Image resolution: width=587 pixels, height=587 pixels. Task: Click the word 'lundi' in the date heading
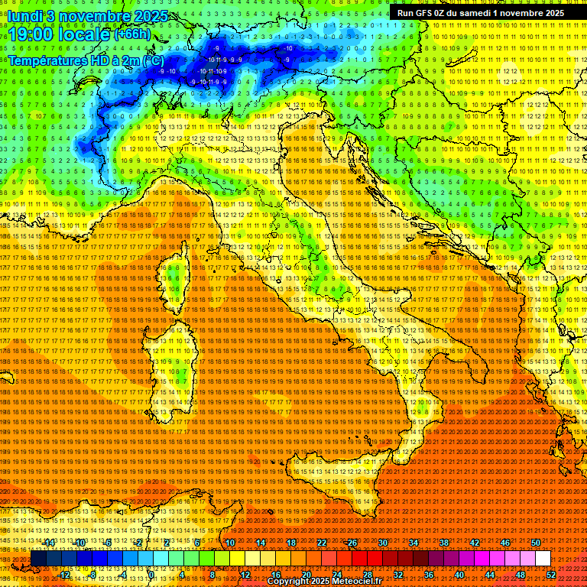[x=26, y=16]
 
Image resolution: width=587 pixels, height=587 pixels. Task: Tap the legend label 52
[x=551, y=575]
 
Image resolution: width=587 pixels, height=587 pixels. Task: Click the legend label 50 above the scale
[x=536, y=543]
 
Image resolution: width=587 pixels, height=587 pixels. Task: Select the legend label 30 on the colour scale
[x=382, y=543]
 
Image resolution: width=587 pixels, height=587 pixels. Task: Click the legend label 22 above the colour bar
[x=322, y=543]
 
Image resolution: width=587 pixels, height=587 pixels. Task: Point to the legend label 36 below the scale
[x=428, y=575]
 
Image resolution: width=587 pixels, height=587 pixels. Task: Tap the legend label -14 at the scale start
[x=50, y=543]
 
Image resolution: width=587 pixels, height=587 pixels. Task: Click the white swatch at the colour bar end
[x=543, y=559]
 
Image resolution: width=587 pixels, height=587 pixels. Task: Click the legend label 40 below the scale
[x=459, y=575]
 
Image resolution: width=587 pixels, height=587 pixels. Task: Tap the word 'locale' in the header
[x=85, y=34]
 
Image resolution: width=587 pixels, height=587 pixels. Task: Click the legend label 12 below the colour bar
[x=245, y=575]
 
